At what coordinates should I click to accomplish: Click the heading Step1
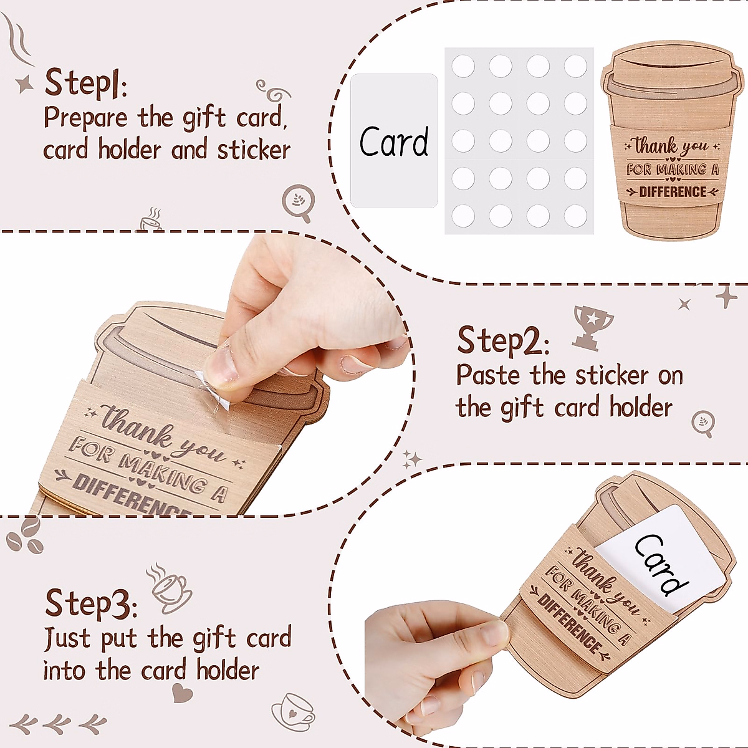click(85, 83)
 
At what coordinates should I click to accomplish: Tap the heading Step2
click(503, 341)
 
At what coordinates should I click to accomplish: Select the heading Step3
click(90, 603)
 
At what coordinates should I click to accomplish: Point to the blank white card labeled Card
click(394, 141)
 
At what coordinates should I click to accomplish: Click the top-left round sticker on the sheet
click(463, 66)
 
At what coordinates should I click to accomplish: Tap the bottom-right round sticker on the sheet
click(575, 216)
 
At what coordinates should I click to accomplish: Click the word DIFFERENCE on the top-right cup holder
click(673, 192)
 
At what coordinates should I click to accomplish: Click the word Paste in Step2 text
click(488, 375)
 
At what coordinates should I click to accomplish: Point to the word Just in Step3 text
click(67, 638)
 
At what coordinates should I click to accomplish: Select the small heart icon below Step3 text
click(182, 693)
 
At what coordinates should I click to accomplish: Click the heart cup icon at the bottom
click(293, 711)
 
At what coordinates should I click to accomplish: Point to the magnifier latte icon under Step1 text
click(298, 202)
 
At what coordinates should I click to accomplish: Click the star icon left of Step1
click(25, 84)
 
